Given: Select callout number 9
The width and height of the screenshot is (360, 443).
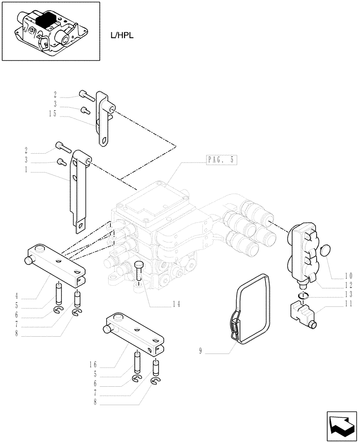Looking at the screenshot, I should tap(200, 352).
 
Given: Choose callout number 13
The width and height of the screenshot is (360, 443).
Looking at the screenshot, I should tap(349, 294).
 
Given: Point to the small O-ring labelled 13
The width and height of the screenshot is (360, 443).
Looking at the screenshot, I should tap(302, 295).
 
